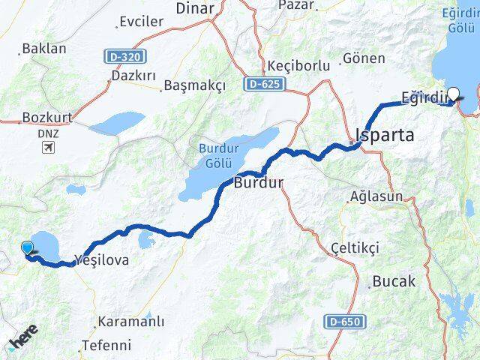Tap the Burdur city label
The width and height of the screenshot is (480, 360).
(x=259, y=182)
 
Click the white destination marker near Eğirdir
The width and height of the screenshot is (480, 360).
(x=453, y=95)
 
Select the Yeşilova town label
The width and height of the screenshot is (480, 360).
(x=103, y=260)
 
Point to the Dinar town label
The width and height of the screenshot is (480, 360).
(x=194, y=9)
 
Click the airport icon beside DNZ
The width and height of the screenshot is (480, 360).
(x=49, y=147)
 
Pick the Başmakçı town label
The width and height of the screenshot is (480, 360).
(x=194, y=85)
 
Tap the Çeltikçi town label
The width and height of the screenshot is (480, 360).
(x=355, y=247)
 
